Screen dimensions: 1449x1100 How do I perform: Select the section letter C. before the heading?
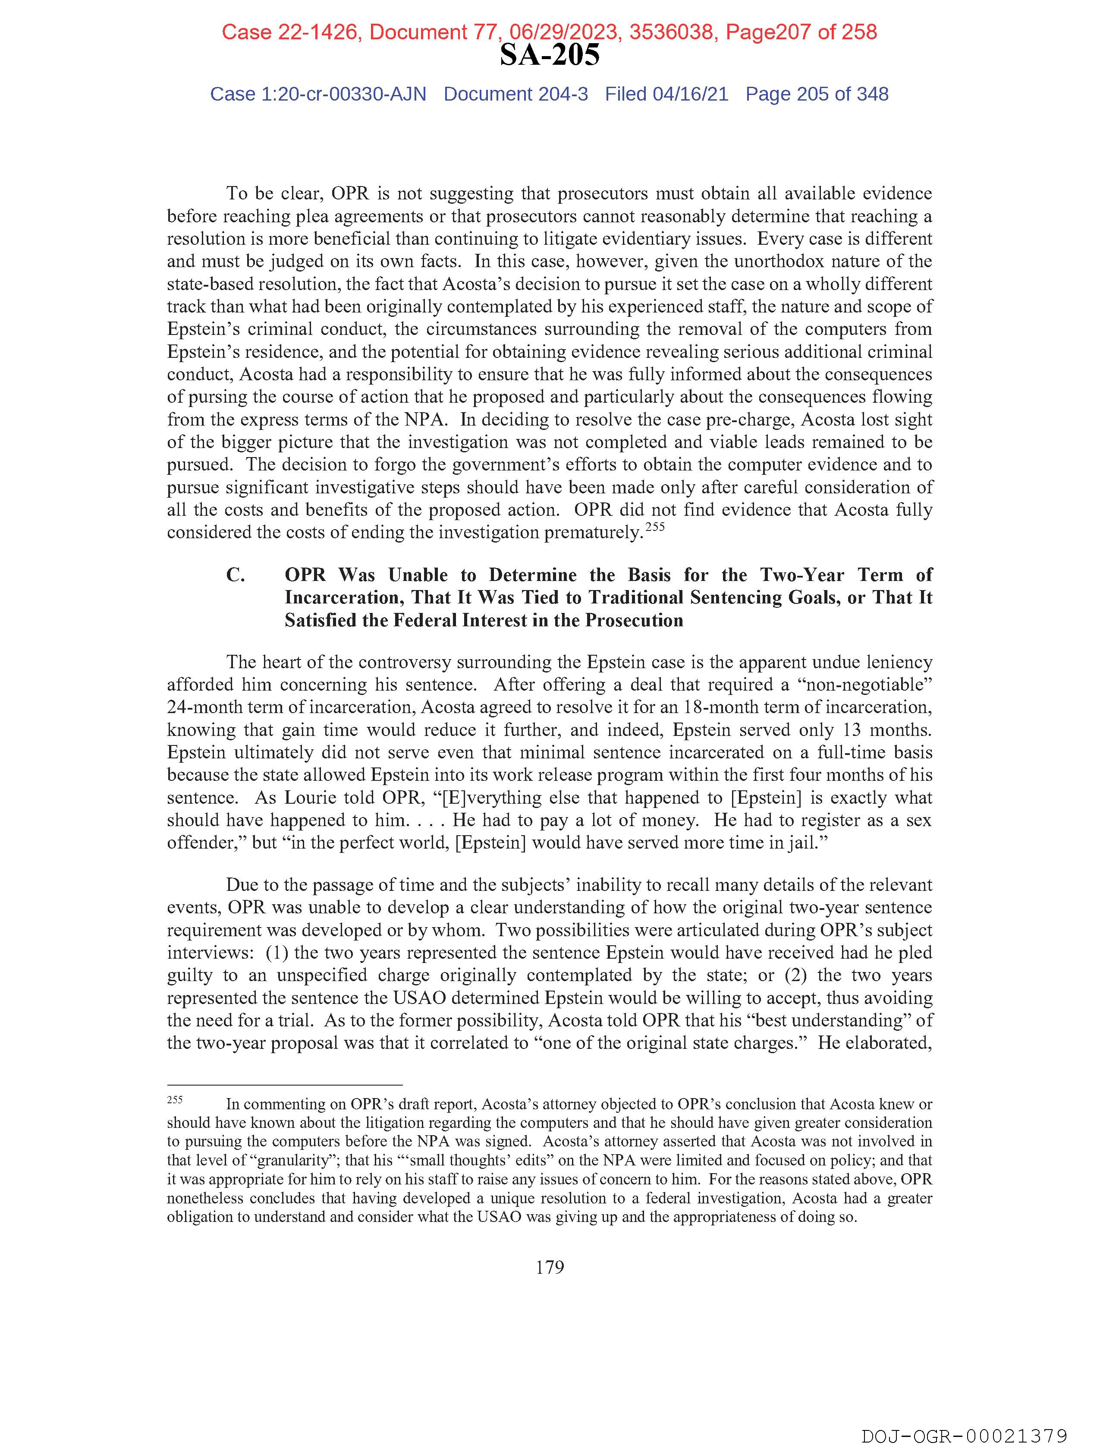pyautogui.click(x=236, y=575)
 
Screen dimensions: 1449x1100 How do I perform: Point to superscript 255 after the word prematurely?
pyautogui.click(x=655, y=527)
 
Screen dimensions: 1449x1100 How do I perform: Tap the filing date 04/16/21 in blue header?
pyautogui.click(x=690, y=95)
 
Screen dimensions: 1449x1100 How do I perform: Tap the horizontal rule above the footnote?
pyautogui.click(x=284, y=1085)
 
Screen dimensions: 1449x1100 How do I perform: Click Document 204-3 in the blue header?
pyautogui.click(x=515, y=95)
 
